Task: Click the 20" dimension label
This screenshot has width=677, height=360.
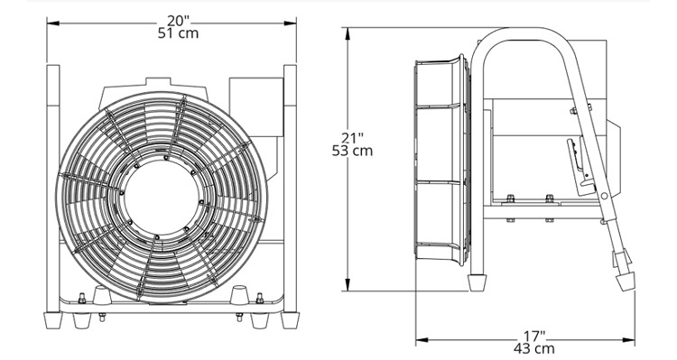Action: coord(179,20)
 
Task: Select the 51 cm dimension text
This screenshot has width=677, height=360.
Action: coord(178,33)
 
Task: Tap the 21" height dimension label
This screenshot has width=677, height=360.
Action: coord(352,138)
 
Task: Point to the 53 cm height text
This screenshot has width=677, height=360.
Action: coord(352,151)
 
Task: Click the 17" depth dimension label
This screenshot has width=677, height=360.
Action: coord(534,336)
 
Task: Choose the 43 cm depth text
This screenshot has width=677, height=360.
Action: coord(534,348)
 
